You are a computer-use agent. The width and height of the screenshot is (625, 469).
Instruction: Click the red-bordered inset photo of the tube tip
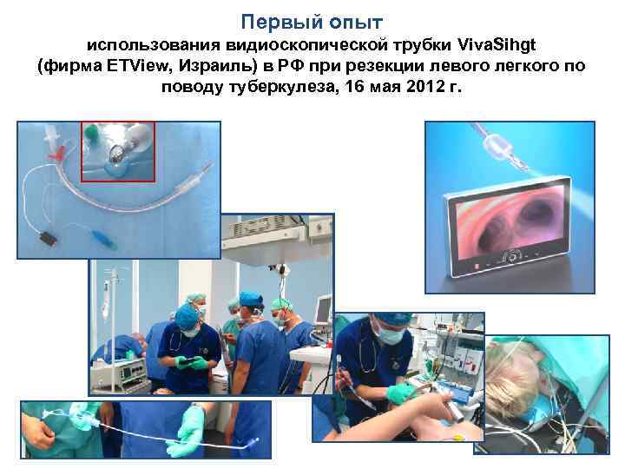click(x=117, y=151)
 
